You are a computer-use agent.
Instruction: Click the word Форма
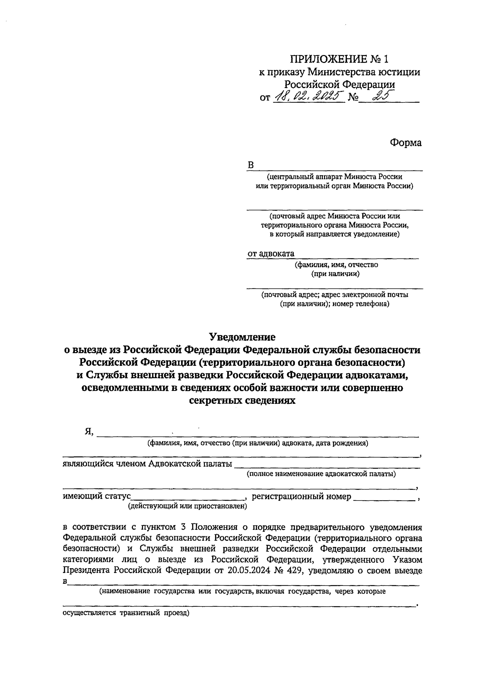tap(405, 143)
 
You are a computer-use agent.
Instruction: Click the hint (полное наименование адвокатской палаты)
tap(321, 474)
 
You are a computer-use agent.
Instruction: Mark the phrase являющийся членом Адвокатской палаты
tap(147, 464)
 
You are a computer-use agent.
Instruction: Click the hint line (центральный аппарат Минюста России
tap(334, 177)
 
